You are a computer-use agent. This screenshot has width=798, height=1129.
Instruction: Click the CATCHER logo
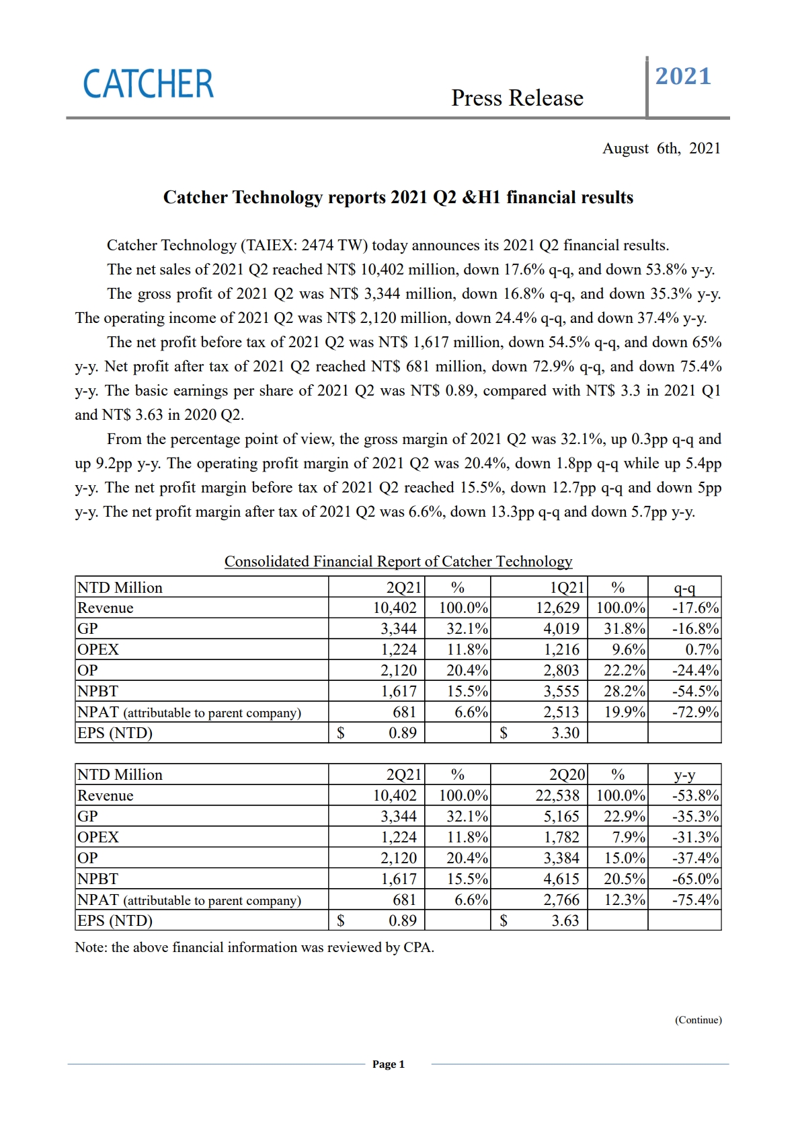(148, 84)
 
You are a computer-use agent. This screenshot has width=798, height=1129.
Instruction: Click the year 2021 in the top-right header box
(683, 77)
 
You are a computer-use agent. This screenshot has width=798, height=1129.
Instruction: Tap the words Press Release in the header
(517, 98)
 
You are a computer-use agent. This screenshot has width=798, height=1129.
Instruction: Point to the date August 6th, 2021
(661, 149)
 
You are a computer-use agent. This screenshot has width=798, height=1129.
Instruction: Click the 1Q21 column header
(567, 587)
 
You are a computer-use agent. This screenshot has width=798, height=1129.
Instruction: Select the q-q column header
(684, 587)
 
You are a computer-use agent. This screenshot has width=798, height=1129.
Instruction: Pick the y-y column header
(684, 774)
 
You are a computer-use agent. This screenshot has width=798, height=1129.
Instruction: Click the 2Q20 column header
(567, 774)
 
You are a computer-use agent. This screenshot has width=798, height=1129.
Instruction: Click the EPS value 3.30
(565, 733)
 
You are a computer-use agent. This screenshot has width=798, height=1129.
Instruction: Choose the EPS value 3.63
(565, 920)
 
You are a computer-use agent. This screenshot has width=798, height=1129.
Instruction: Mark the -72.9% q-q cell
(695, 713)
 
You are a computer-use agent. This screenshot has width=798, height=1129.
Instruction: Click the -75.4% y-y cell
(695, 900)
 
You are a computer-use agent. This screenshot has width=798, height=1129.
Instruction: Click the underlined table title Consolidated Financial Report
(398, 562)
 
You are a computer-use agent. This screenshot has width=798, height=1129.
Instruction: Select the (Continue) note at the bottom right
(698, 1020)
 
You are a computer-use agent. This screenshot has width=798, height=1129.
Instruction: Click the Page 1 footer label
(389, 1064)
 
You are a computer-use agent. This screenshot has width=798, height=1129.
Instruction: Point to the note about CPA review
(254, 947)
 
